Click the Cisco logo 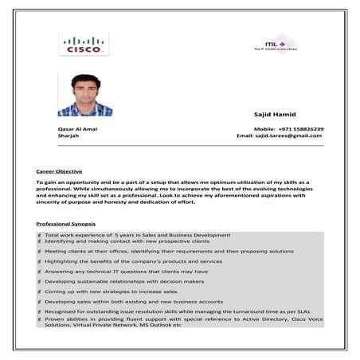click(x=83, y=45)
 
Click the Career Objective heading click(x=59, y=170)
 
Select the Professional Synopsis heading click(x=65, y=222)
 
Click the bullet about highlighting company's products click(x=133, y=260)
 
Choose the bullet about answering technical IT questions click(x=126, y=271)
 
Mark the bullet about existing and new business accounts click(x=134, y=302)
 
